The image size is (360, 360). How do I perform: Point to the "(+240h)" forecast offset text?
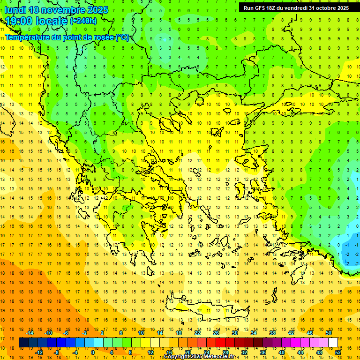[x=83, y=21]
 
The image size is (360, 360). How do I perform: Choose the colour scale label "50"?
[x=329, y=333]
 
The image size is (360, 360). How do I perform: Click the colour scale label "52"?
[x=338, y=352]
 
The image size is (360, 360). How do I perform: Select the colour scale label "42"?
[x=291, y=333]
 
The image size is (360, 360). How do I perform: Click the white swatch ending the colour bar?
[x=333, y=343]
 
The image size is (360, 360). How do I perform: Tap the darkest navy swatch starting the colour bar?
[x=23, y=343]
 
